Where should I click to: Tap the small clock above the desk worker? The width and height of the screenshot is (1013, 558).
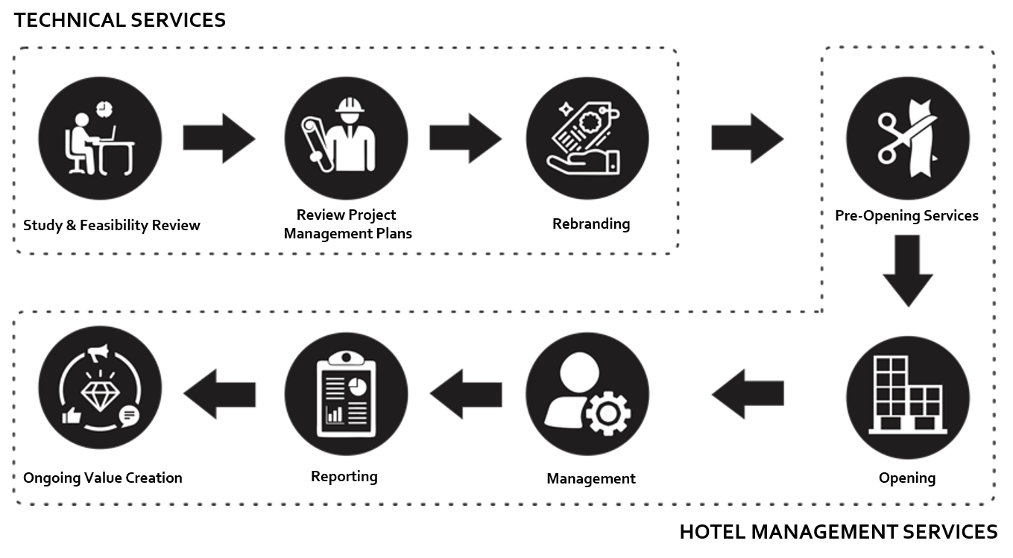click(x=104, y=109)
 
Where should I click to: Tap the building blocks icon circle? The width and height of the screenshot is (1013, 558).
click(x=907, y=396)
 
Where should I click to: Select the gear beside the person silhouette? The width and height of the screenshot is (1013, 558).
click(x=608, y=412)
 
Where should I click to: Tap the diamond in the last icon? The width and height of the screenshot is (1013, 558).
click(x=99, y=390)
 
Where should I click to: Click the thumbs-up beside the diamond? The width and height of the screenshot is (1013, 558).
click(x=72, y=416)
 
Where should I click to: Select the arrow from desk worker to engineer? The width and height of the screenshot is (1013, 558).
click(x=219, y=138)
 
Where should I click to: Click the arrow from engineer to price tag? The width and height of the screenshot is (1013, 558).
click(x=465, y=138)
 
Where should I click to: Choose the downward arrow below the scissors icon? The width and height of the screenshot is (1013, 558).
click(x=907, y=270)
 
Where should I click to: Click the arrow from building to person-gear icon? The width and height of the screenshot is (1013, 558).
click(x=748, y=393)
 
